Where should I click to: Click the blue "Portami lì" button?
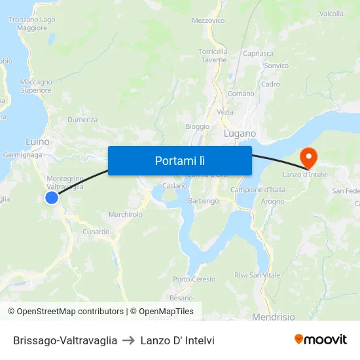coord(179,160)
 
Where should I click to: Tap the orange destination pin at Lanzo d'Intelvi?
coord(308,157)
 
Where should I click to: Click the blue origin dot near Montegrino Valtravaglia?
coord(52,197)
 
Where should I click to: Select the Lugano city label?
coord(240,134)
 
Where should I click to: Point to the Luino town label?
coord(37,141)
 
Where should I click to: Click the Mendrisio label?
coord(273,317)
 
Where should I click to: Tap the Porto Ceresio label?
coord(194,279)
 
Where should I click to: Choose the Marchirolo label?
coord(125,214)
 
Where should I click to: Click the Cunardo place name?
coord(96,232)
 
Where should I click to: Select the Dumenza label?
coord(82,120)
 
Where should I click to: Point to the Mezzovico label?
coord(208,20)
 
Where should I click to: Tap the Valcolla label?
coord(332,14)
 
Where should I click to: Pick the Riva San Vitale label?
coord(257,275)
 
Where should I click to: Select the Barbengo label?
coord(204,201)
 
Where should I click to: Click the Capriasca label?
coord(258,53)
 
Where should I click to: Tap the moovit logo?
coord(320,340)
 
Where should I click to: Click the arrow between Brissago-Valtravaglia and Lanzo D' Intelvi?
coord(129,340)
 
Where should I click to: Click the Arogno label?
coord(272,202)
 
